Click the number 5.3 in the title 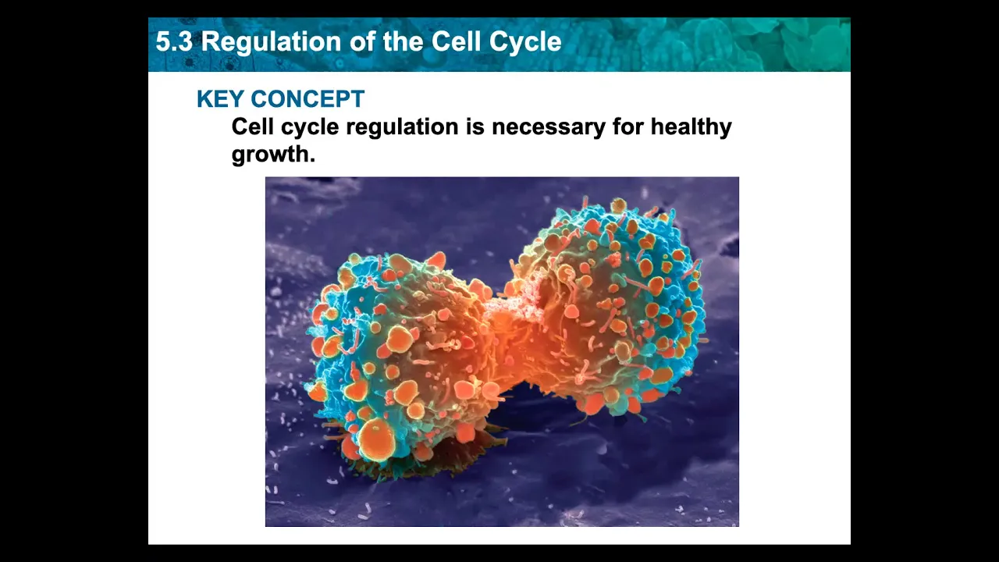tap(174, 42)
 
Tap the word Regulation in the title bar tap(271, 43)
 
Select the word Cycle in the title tap(525, 43)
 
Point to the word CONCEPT tap(308, 98)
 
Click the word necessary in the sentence tap(549, 127)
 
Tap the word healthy tap(691, 126)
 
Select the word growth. tap(273, 155)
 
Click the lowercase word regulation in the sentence tap(402, 126)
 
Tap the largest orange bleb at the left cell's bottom tap(377, 439)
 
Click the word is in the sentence tap(475, 126)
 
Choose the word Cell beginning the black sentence tap(252, 126)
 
